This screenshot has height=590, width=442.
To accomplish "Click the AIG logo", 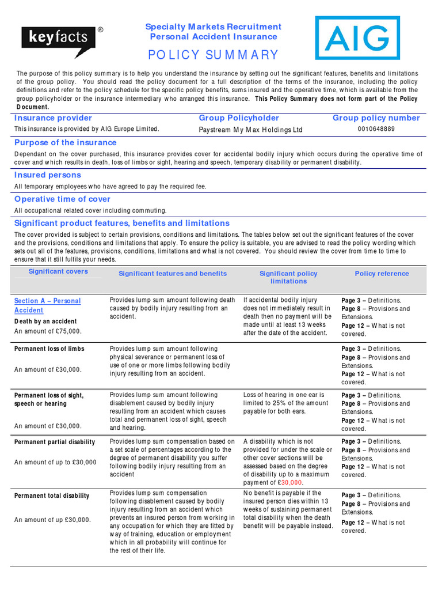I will pyautogui.click(x=357, y=38).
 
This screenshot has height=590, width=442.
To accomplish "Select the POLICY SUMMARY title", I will pyautogui.click(x=213, y=55).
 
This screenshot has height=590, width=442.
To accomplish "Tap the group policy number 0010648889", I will pyautogui.click(x=376, y=129).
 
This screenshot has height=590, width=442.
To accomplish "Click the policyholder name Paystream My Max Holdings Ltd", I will pyautogui.click(x=250, y=130).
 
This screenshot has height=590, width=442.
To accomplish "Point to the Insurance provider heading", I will pyautogui.click(x=53, y=118).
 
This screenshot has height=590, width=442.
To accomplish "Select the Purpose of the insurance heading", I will pyautogui.click(x=65, y=142).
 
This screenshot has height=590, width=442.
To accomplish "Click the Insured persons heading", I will pyautogui.click(x=48, y=175).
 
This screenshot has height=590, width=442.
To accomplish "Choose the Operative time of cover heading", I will pyautogui.click(x=62, y=199).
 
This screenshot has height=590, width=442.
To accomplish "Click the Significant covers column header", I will pyautogui.click(x=58, y=271).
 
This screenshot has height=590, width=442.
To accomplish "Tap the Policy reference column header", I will pyautogui.click(x=382, y=274).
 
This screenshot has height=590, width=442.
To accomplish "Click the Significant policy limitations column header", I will pyautogui.click(x=288, y=277).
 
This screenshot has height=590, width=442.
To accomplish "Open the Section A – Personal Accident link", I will pyautogui.click(x=47, y=305).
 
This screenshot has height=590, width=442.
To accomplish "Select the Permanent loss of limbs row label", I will pyautogui.click(x=49, y=349).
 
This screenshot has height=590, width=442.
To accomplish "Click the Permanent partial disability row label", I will pyautogui.click(x=55, y=442).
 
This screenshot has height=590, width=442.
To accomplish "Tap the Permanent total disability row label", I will pyautogui.click(x=52, y=496).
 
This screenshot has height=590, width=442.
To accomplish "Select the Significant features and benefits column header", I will pyautogui.click(x=173, y=274).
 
